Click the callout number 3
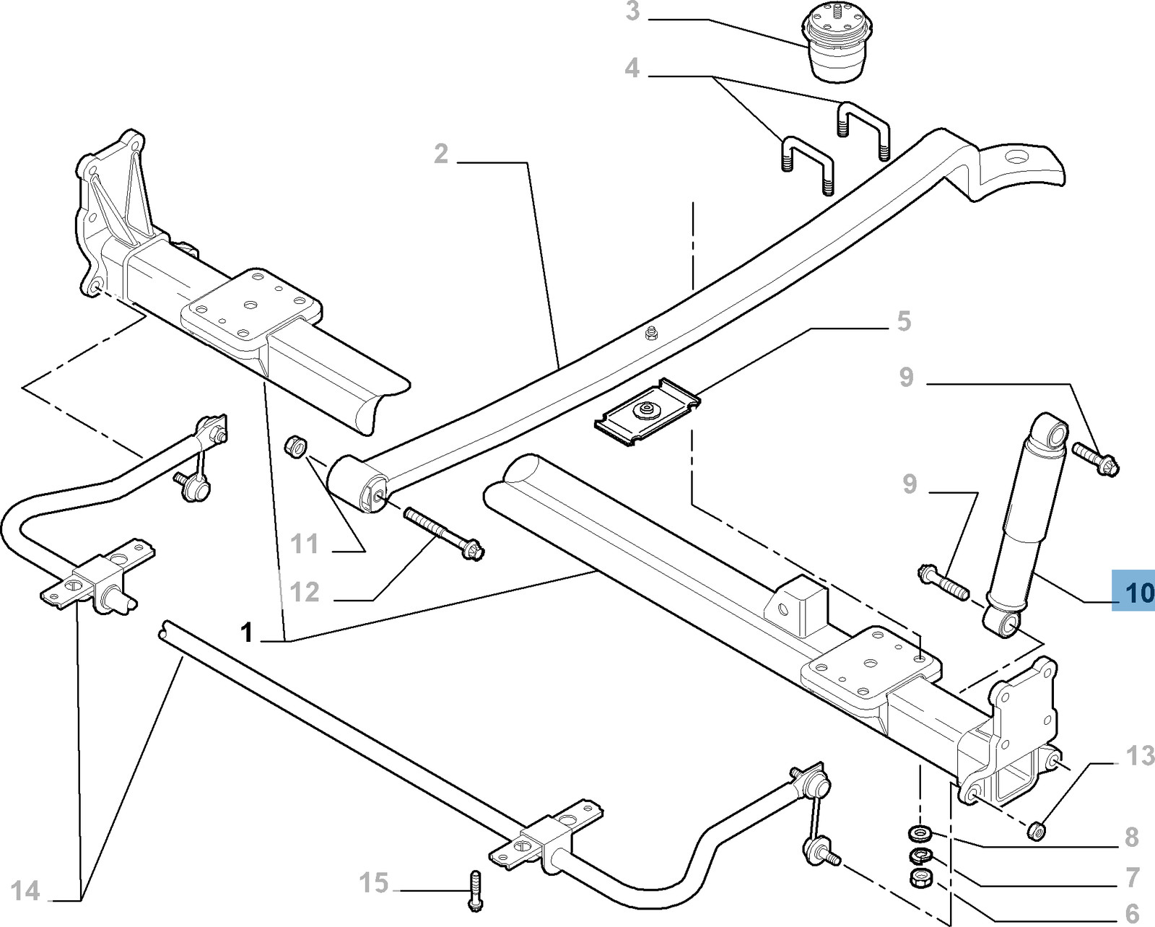(632, 12)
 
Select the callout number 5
(904, 321)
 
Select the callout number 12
(305, 592)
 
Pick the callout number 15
(375, 882)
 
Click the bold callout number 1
(247, 633)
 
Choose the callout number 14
(25, 891)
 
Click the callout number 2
(441, 153)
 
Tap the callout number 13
(1141, 756)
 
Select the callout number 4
(632, 69)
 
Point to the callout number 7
(1131, 877)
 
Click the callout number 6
(1131, 913)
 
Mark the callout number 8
(1131, 837)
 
